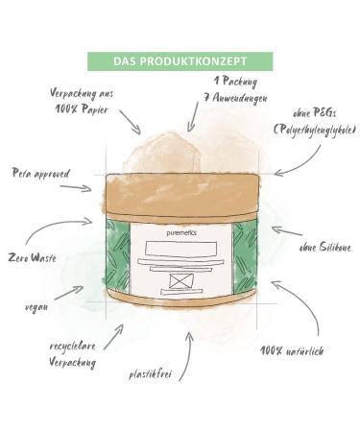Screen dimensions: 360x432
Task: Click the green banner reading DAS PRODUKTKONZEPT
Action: point(180,60)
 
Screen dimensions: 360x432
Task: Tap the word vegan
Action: point(36,307)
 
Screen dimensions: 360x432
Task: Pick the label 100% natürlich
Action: point(291,350)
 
